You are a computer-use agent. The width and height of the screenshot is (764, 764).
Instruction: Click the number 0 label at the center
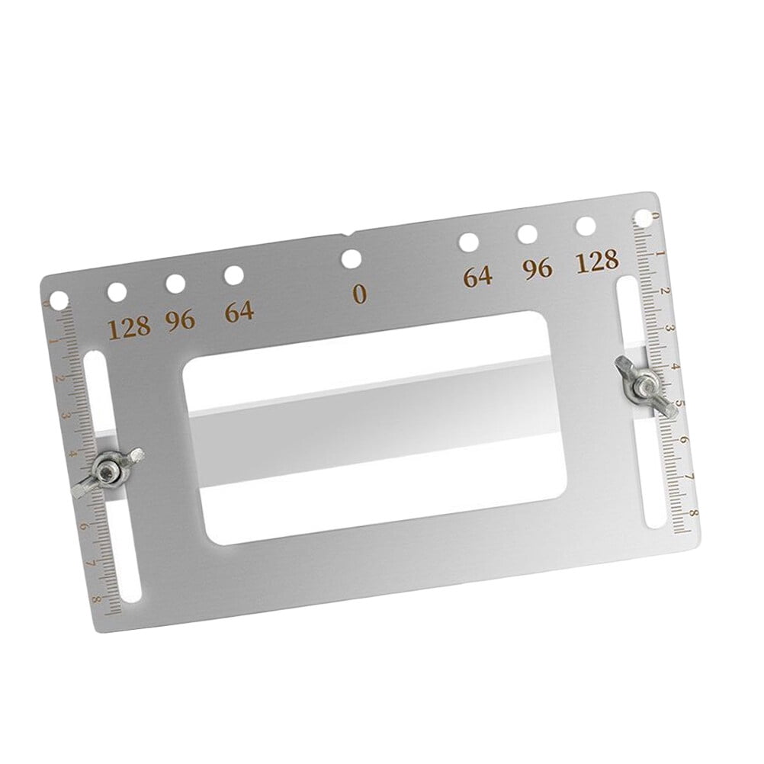coord(359,294)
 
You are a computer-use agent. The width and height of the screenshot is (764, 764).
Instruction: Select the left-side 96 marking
coord(180,320)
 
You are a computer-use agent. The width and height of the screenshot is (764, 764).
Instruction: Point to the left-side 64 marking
coord(239,312)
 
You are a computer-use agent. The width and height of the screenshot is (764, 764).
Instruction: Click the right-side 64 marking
coord(477,276)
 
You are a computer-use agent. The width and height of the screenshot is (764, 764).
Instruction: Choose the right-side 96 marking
coord(538,268)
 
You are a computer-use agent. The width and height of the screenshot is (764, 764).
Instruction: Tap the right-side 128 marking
coord(597,261)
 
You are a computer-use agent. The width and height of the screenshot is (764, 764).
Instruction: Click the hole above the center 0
coord(352,258)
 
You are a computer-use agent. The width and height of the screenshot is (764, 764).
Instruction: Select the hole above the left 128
coord(117,293)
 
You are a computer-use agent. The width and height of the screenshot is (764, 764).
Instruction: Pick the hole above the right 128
coord(586,226)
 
